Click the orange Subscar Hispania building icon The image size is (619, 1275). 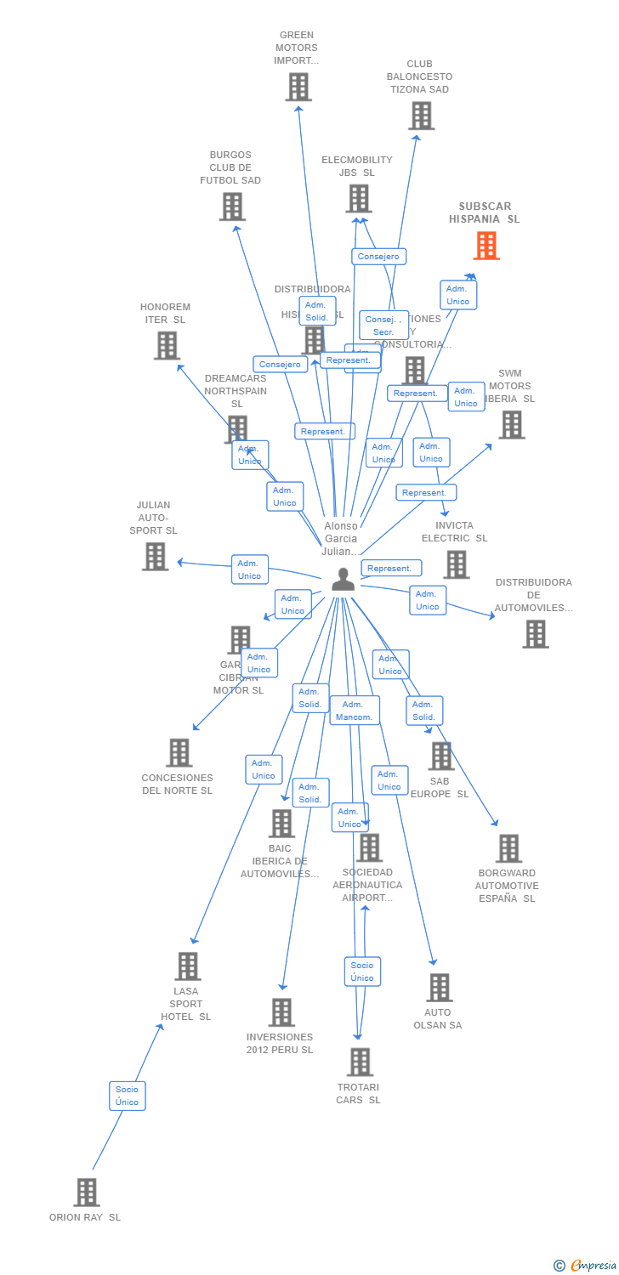[x=486, y=246]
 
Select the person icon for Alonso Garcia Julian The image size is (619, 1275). [x=343, y=580]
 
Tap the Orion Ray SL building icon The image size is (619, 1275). [x=86, y=1192]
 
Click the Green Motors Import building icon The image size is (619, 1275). [x=298, y=87]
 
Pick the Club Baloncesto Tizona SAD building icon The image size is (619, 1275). [x=421, y=116]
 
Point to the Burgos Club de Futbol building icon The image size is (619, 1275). [x=232, y=207]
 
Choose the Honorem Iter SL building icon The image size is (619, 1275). [x=167, y=345]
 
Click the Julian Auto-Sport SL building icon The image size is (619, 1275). [x=155, y=556]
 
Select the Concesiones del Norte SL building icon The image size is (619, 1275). [x=179, y=752]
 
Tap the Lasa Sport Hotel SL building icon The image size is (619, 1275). [x=188, y=966]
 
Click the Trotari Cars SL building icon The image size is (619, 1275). [x=360, y=1062]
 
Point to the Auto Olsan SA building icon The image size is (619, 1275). [x=439, y=988]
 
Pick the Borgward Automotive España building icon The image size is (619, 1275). [x=508, y=848]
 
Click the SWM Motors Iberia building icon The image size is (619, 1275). [x=511, y=425]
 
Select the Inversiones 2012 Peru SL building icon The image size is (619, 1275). [x=281, y=1012]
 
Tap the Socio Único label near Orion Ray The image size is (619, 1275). [x=127, y=1096]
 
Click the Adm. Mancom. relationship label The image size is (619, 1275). [x=353, y=711]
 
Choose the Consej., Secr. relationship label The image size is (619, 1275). [x=383, y=326]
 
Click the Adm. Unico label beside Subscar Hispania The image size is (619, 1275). [x=458, y=295]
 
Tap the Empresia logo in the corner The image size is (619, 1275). [x=586, y=1266]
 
